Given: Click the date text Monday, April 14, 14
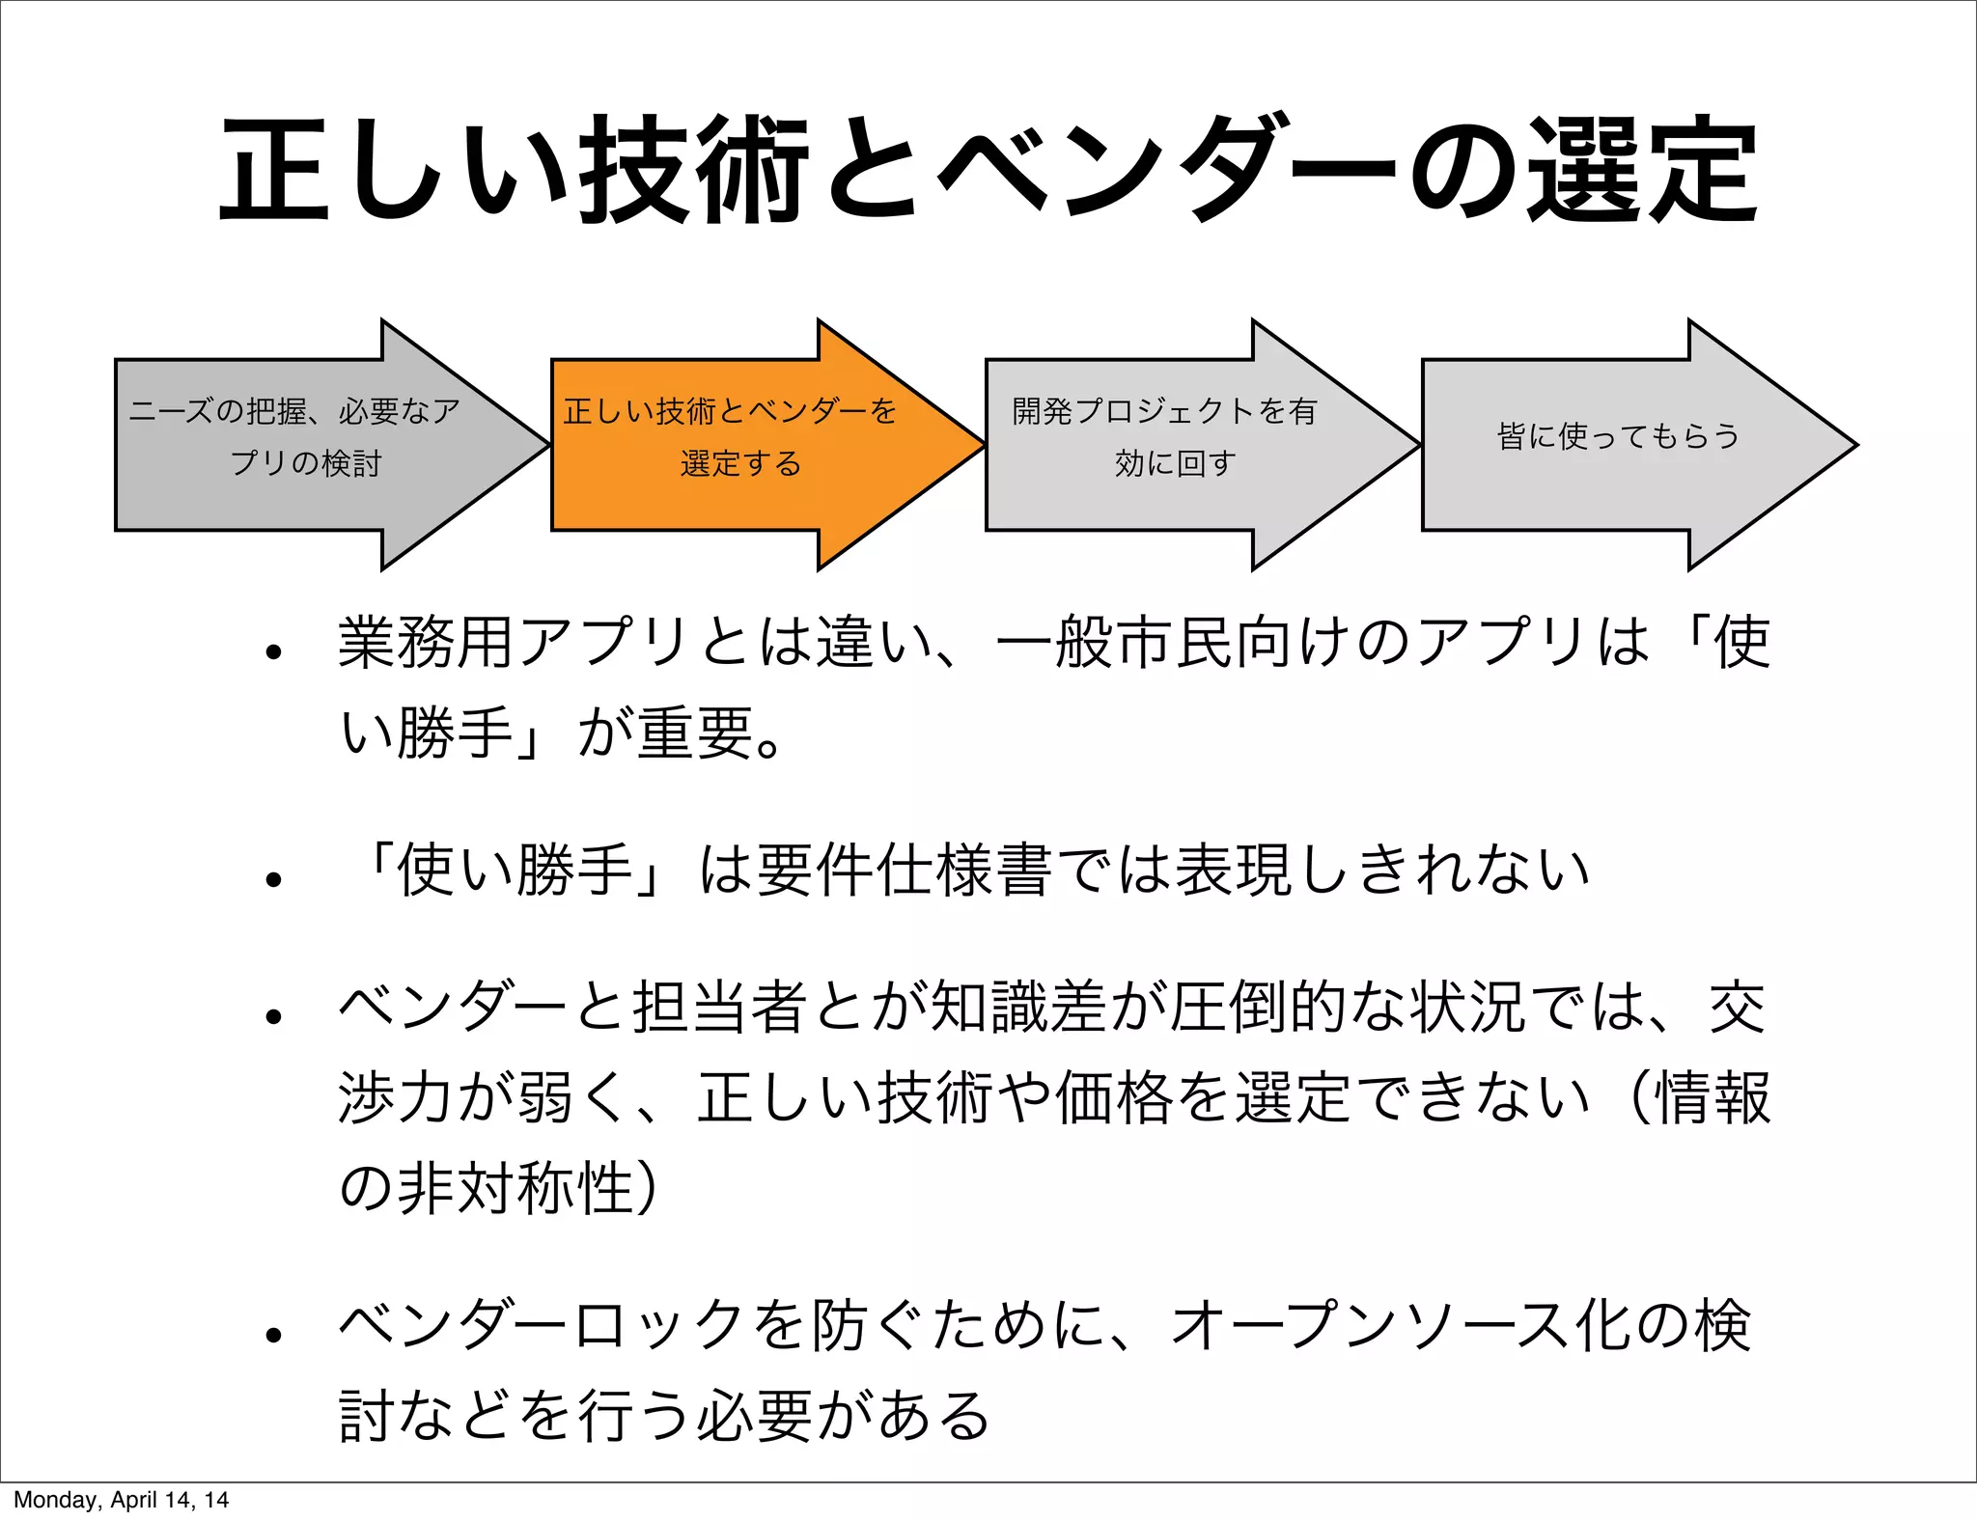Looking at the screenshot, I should [x=121, y=1500].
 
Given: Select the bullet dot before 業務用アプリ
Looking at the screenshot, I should [x=274, y=652].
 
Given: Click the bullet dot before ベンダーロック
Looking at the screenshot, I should [x=274, y=1335].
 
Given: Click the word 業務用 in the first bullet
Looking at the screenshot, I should [x=426, y=642].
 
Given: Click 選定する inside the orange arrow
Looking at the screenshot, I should [x=740, y=463].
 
